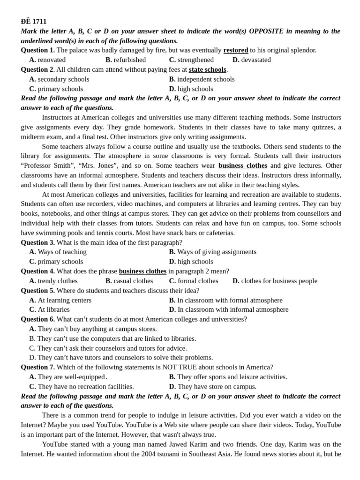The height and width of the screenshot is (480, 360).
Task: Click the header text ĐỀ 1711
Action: (33, 22)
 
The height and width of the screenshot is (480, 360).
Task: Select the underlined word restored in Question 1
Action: (236, 50)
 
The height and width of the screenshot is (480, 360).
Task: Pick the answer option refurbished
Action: (129, 60)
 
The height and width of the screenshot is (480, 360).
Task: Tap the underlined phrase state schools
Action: (207, 69)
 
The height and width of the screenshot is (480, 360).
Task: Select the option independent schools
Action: (205, 79)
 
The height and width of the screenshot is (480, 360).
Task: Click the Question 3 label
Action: (37, 242)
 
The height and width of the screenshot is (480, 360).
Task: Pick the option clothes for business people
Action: (279, 281)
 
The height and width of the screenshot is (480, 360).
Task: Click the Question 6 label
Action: (37, 319)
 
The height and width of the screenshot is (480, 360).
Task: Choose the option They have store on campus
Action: (217, 387)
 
